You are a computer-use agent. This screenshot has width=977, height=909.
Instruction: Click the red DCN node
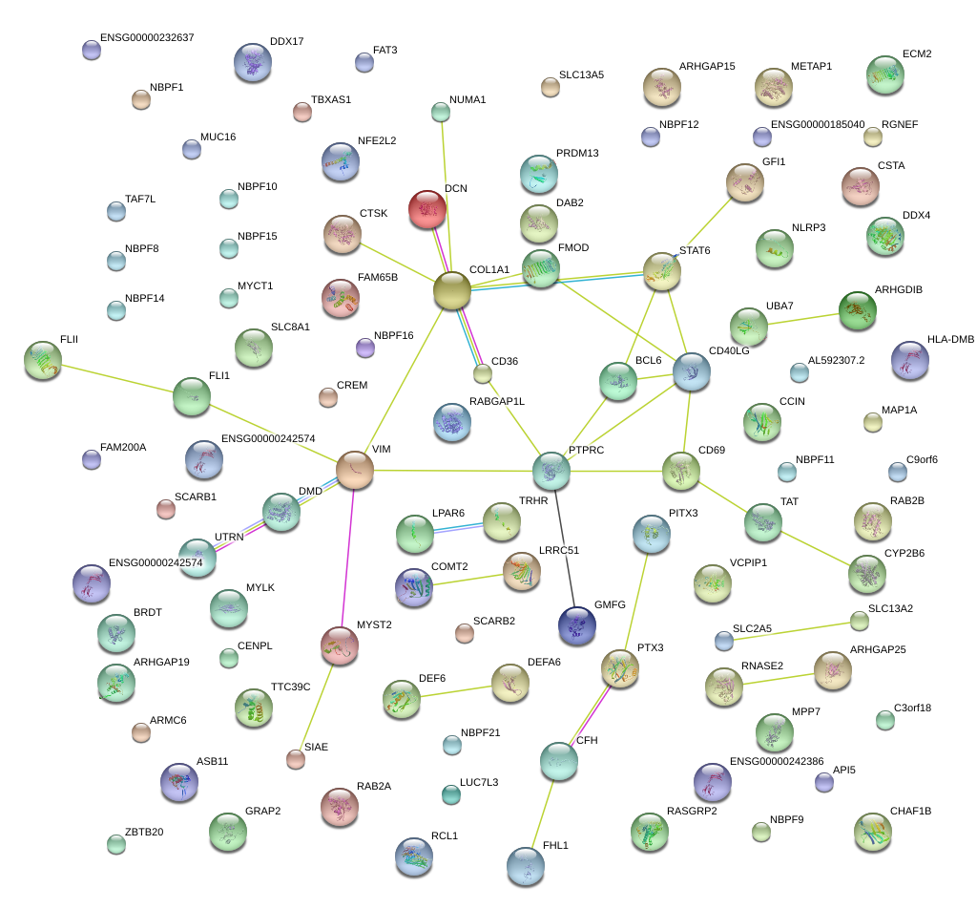427,209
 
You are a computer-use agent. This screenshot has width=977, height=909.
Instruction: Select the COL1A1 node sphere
452,290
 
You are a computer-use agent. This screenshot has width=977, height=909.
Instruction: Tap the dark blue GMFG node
576,624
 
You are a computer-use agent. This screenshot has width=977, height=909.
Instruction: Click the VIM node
355,470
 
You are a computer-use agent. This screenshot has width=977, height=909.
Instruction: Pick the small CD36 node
483,373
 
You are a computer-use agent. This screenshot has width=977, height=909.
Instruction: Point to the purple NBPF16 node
364,348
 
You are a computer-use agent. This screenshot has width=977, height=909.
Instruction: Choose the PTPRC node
551,470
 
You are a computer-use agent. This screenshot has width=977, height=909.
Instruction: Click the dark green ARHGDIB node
857,308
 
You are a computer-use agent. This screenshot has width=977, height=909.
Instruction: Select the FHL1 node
526,866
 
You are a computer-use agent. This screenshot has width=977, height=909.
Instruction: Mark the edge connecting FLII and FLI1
117,377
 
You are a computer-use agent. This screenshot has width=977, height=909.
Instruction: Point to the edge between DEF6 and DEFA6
456,690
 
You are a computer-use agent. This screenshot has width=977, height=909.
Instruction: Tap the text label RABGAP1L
496,402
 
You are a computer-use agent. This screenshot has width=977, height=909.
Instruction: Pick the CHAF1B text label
910,812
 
